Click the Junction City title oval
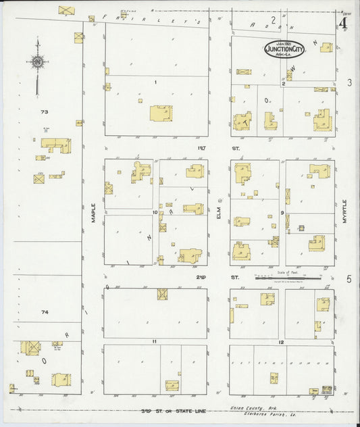point(284,49)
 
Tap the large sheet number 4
point(344,24)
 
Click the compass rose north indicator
point(37,62)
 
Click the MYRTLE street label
point(344,211)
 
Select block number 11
point(155,342)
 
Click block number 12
point(281,342)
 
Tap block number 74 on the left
point(45,312)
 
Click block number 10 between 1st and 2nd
point(155,212)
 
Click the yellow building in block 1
point(160,113)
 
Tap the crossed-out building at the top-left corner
point(66,10)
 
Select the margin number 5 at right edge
point(349,278)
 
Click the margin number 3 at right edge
point(349,82)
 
